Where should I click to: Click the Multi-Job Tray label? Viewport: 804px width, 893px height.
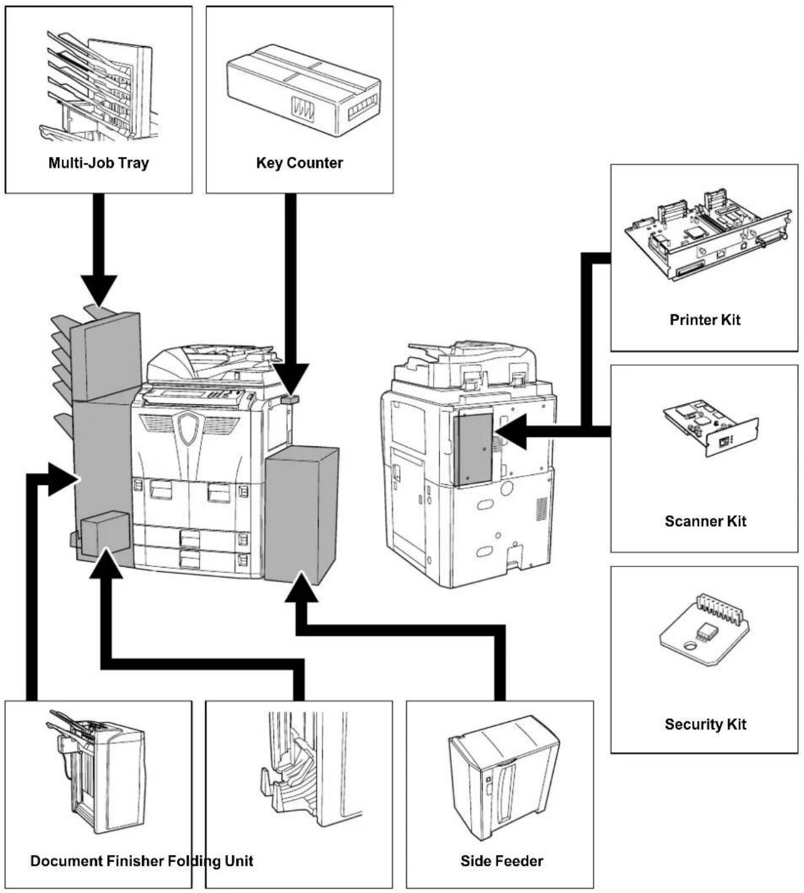click(98, 163)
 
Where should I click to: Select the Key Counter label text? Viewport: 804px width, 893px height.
click(299, 163)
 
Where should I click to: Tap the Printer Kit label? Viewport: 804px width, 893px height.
click(705, 320)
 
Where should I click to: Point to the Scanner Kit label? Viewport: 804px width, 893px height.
click(705, 521)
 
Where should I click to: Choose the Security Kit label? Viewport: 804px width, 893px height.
click(705, 724)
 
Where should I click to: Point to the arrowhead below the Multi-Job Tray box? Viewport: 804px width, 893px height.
click(99, 291)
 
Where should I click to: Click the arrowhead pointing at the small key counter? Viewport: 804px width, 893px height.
click(291, 380)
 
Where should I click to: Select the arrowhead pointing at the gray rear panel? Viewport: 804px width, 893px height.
click(511, 431)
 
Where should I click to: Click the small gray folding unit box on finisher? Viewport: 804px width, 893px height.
click(105, 534)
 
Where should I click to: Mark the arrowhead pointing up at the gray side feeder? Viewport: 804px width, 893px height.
click(301, 587)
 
